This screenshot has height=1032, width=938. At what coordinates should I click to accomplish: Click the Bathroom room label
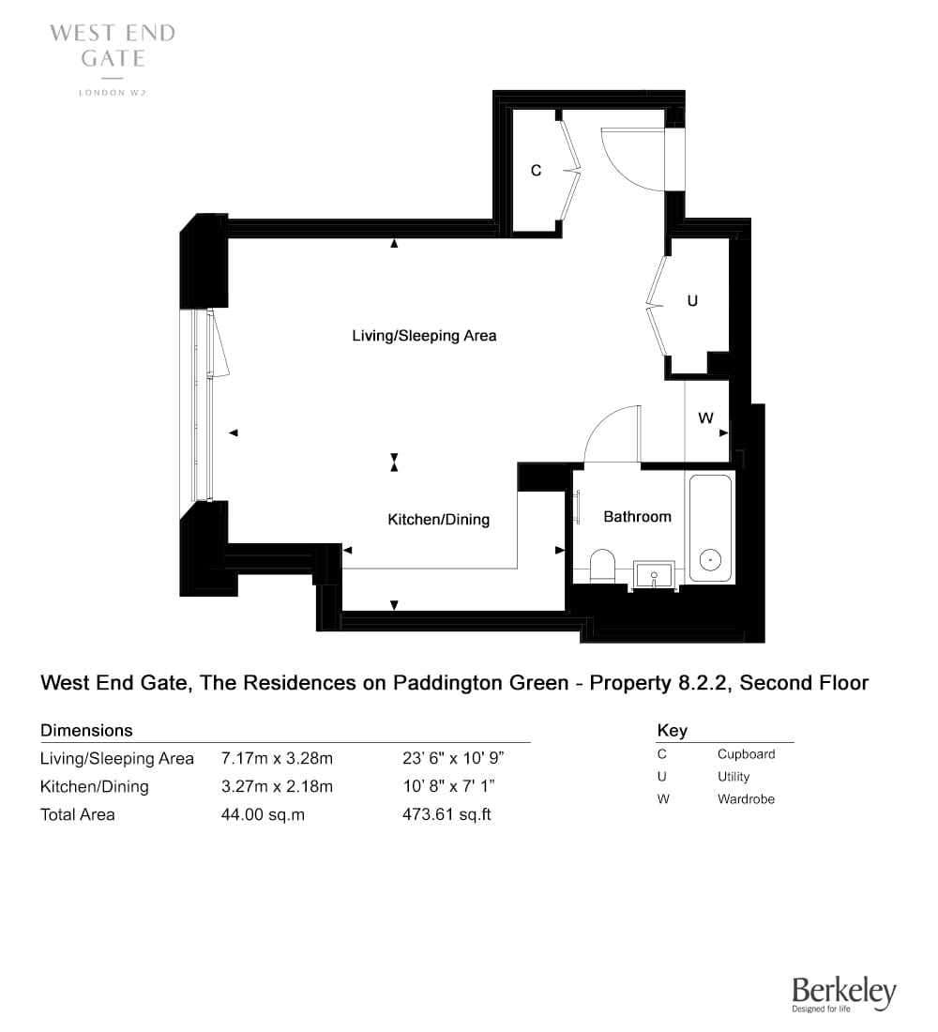tap(637, 517)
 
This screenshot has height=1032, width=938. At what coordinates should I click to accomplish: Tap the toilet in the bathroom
tap(602, 566)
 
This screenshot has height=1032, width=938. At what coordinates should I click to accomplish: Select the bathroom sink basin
tap(654, 574)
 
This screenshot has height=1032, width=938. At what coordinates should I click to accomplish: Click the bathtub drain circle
tap(710, 560)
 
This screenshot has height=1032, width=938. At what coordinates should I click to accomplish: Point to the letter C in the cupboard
tap(536, 171)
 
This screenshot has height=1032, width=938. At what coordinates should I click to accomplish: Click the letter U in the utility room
tap(692, 301)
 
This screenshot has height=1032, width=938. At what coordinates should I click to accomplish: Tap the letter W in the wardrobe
tap(705, 417)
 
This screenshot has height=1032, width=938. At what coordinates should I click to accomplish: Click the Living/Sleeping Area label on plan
tap(424, 336)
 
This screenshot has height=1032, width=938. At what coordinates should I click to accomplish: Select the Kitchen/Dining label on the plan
tap(438, 520)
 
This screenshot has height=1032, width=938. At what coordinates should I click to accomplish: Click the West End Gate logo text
tap(113, 45)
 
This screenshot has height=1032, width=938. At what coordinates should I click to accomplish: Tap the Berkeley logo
tap(844, 994)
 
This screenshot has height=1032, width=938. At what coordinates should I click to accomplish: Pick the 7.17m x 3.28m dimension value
tap(277, 758)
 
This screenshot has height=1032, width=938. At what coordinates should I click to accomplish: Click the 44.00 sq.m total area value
tap(263, 814)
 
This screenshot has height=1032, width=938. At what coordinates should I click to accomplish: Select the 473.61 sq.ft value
tap(446, 814)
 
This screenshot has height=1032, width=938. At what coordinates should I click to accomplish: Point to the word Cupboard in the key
tap(747, 754)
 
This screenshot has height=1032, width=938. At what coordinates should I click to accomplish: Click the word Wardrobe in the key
tap(747, 799)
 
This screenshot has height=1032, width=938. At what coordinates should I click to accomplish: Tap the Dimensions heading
tap(86, 731)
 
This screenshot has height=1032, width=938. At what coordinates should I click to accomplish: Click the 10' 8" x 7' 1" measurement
tap(448, 786)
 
